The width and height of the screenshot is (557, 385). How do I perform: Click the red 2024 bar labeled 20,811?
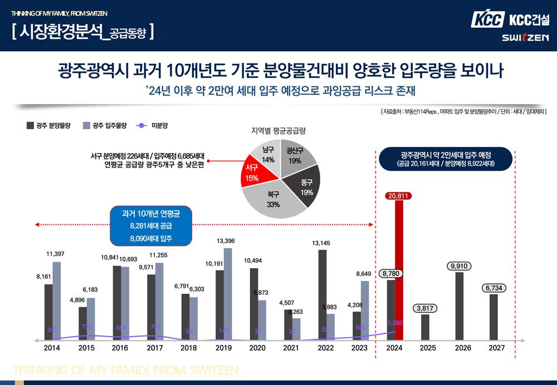point(399,270)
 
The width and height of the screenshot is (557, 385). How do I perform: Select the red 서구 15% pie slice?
point(252,173)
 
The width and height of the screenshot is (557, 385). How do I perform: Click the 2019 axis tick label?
point(223,348)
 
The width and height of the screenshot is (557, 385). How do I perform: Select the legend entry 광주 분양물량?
point(49,126)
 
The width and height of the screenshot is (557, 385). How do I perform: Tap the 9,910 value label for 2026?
point(459,266)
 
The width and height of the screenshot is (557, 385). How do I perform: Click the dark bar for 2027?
point(494,317)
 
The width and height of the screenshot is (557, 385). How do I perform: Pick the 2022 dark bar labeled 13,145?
point(322,294)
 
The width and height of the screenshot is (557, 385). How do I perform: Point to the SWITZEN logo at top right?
point(525,37)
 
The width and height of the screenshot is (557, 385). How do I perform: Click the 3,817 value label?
point(425,308)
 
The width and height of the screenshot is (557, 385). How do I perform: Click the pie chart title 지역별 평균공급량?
point(278,131)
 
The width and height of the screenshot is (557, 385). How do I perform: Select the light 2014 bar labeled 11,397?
point(56,300)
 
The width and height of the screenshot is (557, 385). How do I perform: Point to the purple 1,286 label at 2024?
point(395,323)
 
